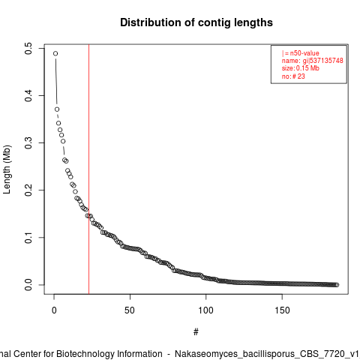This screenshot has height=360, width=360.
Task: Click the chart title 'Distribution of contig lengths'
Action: pyautogui.click(x=196, y=22)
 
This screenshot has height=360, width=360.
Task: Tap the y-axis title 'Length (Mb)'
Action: pyautogui.click(x=7, y=169)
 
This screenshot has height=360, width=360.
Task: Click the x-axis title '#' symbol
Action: pyautogui.click(x=196, y=332)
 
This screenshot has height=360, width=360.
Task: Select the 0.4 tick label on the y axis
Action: pyautogui.click(x=28, y=95)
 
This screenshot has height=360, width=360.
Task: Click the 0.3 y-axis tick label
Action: pyautogui.click(x=28, y=142)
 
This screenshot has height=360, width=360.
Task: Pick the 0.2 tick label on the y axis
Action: pyautogui.click(x=28, y=190)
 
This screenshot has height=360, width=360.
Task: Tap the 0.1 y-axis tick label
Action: pyautogui.click(x=28, y=237)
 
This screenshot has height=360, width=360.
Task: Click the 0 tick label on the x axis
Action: pyautogui.click(x=54, y=310)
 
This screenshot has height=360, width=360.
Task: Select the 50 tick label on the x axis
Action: pyautogui.click(x=130, y=310)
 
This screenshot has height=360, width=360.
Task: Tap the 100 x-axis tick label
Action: pyautogui.click(x=205, y=310)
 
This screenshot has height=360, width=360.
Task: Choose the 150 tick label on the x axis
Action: pyautogui.click(x=282, y=310)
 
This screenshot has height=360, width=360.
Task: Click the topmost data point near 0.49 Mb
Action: pyautogui.click(x=55, y=53)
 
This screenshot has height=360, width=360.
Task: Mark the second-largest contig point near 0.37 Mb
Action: pyautogui.click(x=57, y=109)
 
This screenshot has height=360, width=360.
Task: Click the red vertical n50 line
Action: pyautogui.click(x=88, y=169)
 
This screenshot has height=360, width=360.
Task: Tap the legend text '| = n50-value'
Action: pyautogui.click(x=301, y=53)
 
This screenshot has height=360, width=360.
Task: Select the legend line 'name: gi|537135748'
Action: pyautogui.click(x=313, y=61)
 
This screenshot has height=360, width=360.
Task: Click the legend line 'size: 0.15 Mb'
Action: pyautogui.click(x=301, y=68)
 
